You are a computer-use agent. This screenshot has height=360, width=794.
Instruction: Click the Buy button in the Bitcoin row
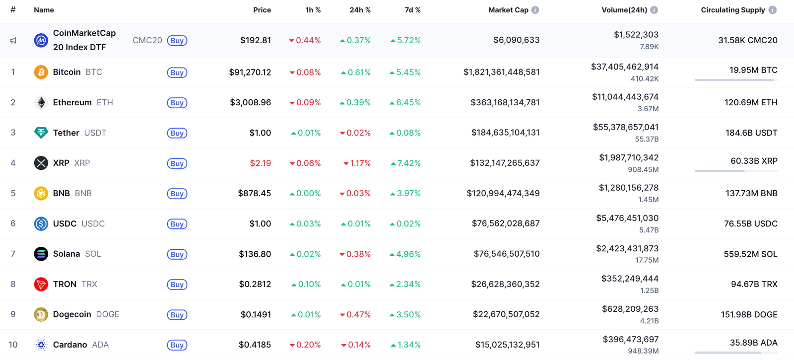[177, 72]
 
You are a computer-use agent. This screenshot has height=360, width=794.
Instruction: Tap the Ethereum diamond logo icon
[41, 102]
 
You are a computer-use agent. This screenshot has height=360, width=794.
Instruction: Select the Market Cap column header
[508, 10]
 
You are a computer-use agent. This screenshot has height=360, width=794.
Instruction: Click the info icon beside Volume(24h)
[654, 10]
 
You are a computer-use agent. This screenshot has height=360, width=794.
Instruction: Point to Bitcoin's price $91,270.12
[250, 72]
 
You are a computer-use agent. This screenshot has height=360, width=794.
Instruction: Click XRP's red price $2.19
[261, 163]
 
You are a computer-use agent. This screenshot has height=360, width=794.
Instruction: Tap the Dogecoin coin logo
[41, 314]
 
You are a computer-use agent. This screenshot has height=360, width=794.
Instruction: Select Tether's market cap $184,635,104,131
[505, 133]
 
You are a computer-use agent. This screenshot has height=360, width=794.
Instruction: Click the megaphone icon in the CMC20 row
[13, 41]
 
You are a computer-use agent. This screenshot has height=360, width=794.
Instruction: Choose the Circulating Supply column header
[732, 10]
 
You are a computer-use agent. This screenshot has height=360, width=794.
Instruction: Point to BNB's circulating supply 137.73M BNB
[751, 193]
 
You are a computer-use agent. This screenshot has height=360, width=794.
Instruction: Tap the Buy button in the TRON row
[177, 285]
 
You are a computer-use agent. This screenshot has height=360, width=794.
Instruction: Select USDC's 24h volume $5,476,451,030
[627, 218]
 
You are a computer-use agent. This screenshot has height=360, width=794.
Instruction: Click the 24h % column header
[360, 10]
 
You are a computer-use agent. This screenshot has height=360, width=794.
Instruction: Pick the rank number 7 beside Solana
[13, 254]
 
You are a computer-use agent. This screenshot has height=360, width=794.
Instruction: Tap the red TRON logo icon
[41, 284]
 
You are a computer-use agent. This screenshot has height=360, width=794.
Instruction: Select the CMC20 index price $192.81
[256, 40]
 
